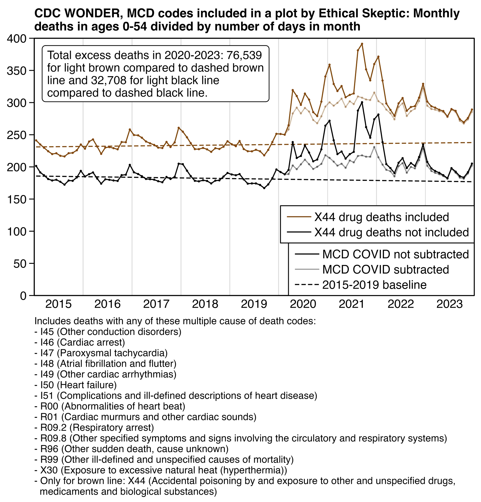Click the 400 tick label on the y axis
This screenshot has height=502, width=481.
(x=18, y=39)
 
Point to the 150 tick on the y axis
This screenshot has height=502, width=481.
(x=18, y=199)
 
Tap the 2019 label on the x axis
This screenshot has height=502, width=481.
(x=254, y=305)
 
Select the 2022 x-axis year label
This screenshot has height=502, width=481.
(x=401, y=305)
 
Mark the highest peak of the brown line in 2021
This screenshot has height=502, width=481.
(x=362, y=44)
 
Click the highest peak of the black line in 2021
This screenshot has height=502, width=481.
(x=362, y=102)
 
